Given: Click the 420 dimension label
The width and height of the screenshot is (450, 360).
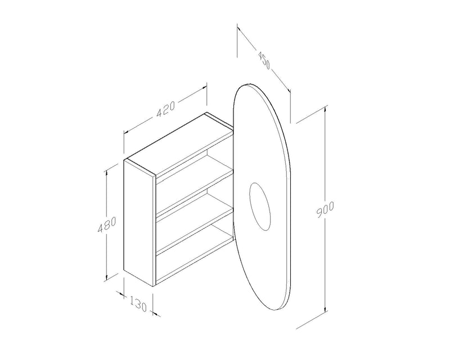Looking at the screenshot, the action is click(165, 109).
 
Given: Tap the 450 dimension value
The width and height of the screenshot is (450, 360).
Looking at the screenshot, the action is click(264, 61).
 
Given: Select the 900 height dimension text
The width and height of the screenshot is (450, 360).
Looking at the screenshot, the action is click(326, 209).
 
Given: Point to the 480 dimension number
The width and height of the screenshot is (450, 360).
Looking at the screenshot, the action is click(107, 224).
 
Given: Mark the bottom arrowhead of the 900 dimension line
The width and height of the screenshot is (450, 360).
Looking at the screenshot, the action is click(325, 309).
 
